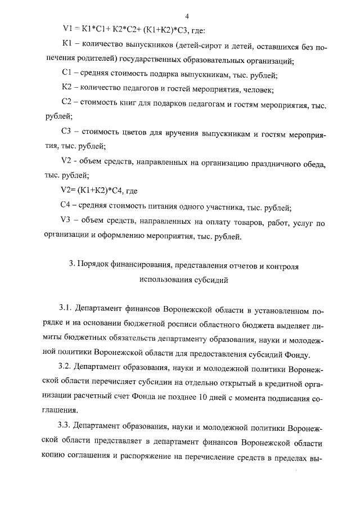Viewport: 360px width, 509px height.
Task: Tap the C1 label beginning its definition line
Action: click(x=66, y=74)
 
